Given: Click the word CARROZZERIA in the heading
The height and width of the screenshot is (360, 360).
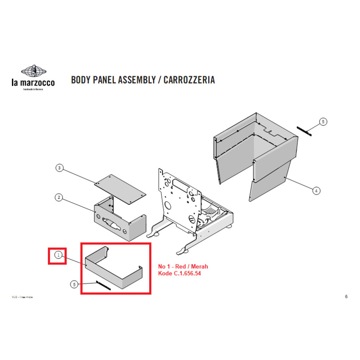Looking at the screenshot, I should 189,80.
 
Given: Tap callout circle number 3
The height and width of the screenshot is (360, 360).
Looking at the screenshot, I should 60,168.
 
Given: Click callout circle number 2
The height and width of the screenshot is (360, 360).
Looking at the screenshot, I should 60,197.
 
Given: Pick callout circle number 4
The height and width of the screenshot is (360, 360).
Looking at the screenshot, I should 316,191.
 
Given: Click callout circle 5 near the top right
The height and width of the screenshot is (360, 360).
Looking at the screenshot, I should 323,122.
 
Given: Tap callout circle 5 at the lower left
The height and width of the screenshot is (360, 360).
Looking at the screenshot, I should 74,285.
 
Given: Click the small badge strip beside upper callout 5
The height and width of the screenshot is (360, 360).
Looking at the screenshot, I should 304,131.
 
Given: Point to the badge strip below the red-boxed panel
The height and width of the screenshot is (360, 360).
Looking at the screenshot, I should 103,285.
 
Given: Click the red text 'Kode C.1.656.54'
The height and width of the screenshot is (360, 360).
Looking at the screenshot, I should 179,273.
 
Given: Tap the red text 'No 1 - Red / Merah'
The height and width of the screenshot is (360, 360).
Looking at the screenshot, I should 183,266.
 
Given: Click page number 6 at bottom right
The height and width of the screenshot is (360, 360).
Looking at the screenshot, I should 346,296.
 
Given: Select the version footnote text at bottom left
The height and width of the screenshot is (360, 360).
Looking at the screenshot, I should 22,297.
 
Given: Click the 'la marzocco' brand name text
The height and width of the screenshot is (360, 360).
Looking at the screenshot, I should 33,83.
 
